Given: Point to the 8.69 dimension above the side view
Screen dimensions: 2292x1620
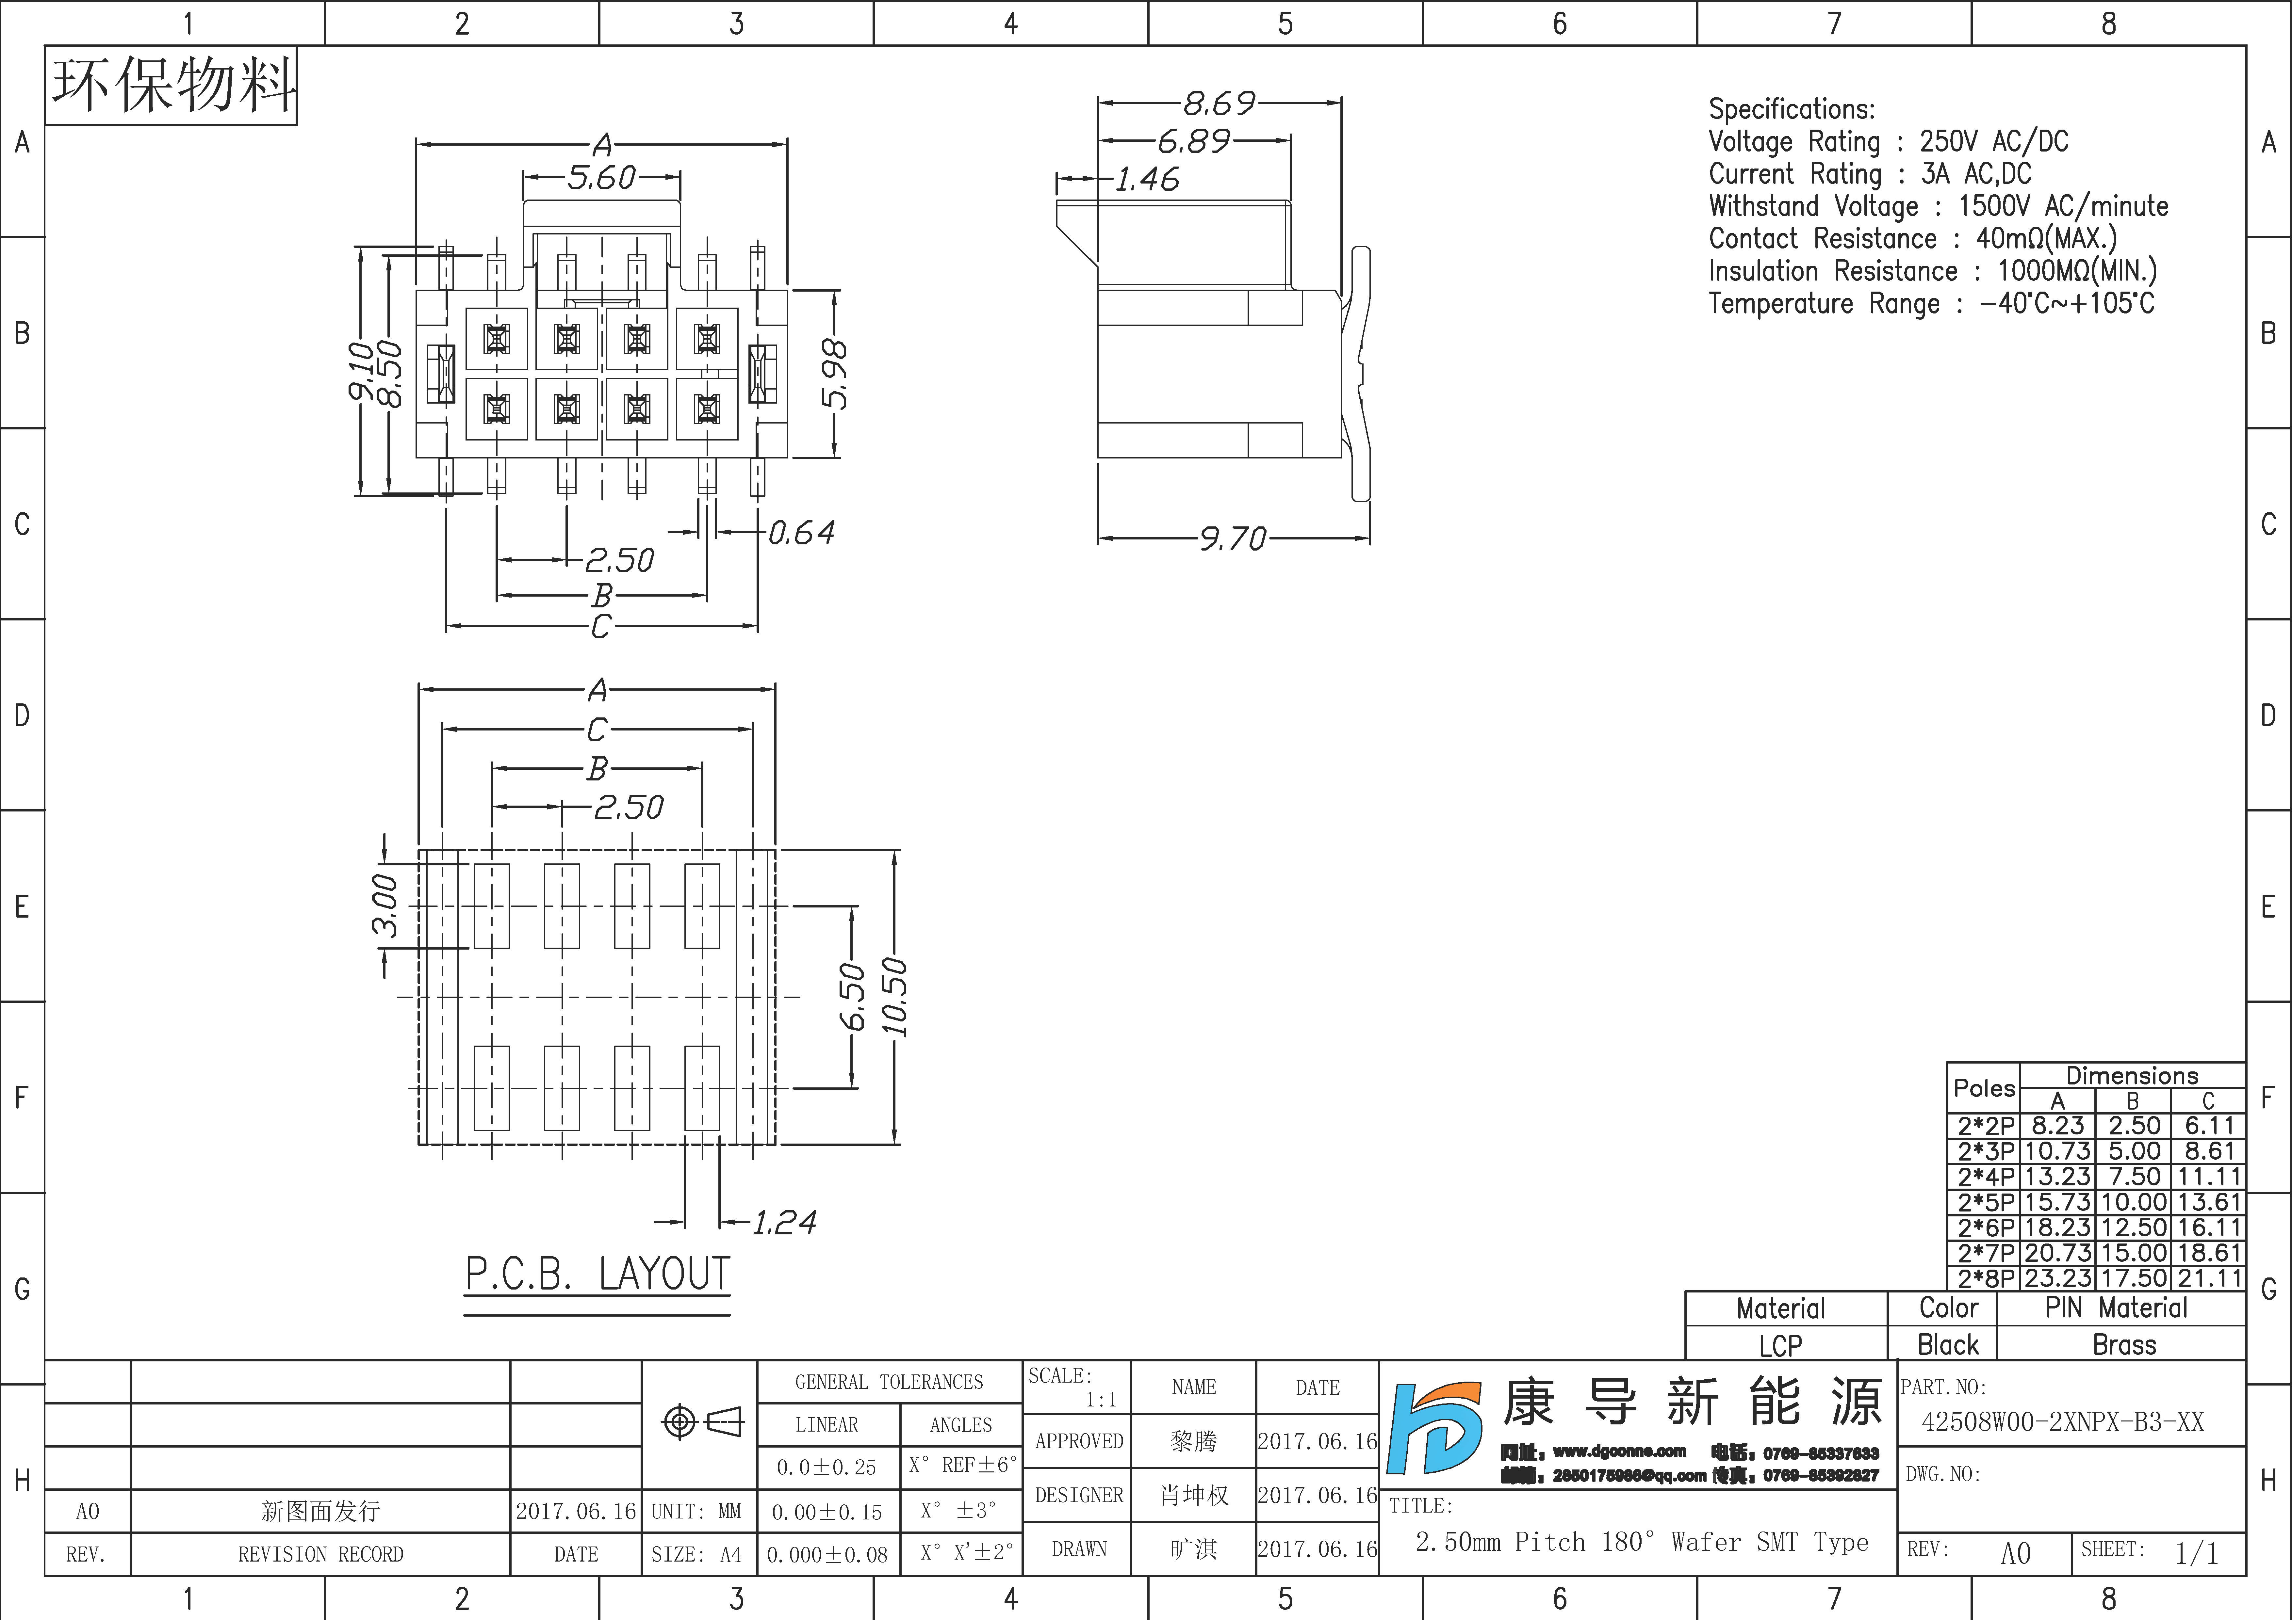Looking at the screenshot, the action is click(x=1219, y=103).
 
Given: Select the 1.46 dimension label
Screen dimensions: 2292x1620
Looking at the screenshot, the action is click(x=1147, y=180).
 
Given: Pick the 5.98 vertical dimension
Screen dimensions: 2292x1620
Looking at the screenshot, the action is click(x=835, y=374).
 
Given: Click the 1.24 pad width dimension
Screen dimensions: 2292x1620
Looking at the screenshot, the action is click(x=784, y=1222).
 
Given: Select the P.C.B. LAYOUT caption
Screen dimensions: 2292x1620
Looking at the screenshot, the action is click(x=597, y=1275).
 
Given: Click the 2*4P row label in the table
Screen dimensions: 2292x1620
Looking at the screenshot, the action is click(x=1986, y=1177).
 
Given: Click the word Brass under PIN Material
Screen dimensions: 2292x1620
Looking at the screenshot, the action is click(x=2124, y=1344).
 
